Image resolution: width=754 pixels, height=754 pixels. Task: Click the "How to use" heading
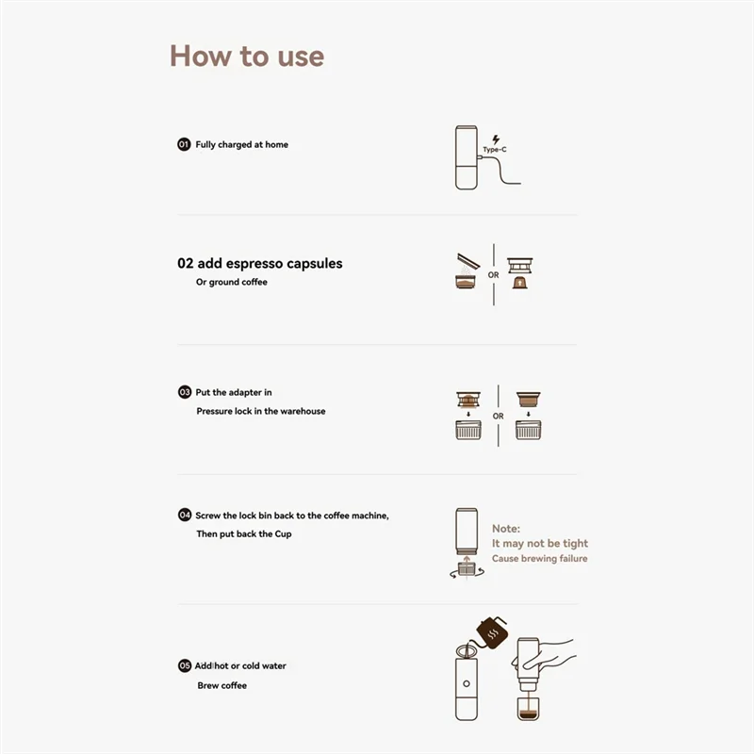click(247, 57)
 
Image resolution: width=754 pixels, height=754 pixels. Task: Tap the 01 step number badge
click(184, 144)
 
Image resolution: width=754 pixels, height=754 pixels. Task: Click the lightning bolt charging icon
click(496, 139)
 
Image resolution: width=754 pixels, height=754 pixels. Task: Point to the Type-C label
click(495, 150)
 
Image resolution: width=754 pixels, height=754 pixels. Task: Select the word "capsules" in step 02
click(314, 264)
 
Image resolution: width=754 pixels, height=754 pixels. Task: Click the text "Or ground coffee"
click(231, 282)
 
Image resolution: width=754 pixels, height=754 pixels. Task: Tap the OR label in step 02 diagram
click(493, 275)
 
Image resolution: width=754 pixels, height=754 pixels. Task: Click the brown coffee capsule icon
click(520, 282)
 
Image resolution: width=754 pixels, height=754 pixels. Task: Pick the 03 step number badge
click(184, 392)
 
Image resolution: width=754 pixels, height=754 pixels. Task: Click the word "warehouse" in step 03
click(303, 411)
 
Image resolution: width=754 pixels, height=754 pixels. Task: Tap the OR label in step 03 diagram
click(499, 416)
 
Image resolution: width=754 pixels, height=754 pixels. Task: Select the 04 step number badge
click(184, 515)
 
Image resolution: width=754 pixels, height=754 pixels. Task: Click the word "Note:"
click(506, 529)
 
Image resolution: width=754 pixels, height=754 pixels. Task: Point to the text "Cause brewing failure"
click(539, 558)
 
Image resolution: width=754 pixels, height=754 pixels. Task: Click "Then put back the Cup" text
click(244, 533)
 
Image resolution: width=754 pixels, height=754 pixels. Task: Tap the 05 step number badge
click(184, 665)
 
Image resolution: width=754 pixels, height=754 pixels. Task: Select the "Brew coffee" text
click(221, 685)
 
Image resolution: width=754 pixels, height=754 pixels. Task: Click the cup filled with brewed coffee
click(528, 709)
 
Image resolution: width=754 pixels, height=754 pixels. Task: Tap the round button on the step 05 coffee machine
click(466, 683)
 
